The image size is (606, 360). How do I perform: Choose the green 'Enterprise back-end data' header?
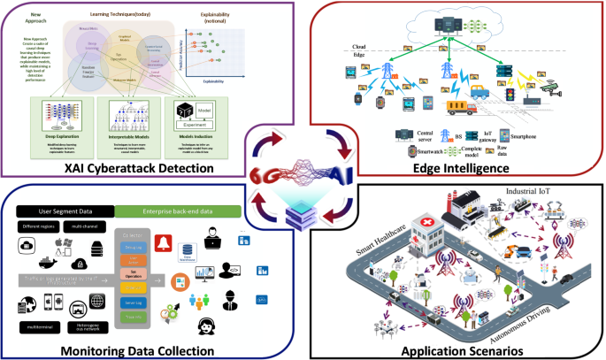click(171, 211)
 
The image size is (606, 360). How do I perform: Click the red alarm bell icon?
click(164, 241)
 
